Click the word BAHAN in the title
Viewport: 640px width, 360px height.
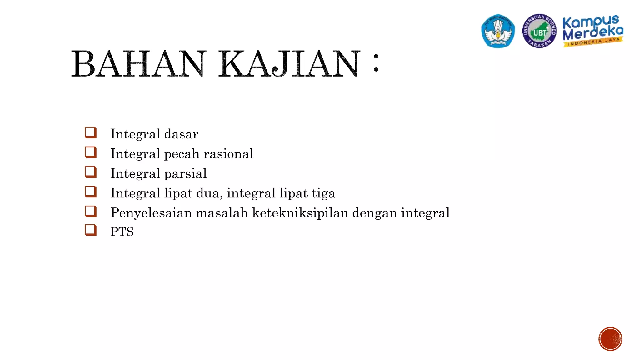coord(139,64)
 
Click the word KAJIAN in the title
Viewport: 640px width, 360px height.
coord(289,64)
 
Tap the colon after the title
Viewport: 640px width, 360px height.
coord(376,63)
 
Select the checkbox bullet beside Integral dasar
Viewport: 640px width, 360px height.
coord(91,132)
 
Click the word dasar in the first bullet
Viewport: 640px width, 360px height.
coord(181,134)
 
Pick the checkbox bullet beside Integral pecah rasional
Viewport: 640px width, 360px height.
coord(91,152)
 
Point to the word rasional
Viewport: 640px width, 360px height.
coord(228,154)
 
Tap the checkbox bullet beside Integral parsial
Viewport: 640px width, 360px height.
coord(91,172)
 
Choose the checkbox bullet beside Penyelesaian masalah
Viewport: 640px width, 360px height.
coord(91,211)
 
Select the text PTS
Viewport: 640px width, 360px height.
coord(122,232)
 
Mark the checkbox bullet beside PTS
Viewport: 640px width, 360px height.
coord(91,230)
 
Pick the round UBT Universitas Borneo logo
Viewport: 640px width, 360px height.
coord(539,31)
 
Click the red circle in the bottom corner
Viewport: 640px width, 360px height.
coord(610,339)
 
